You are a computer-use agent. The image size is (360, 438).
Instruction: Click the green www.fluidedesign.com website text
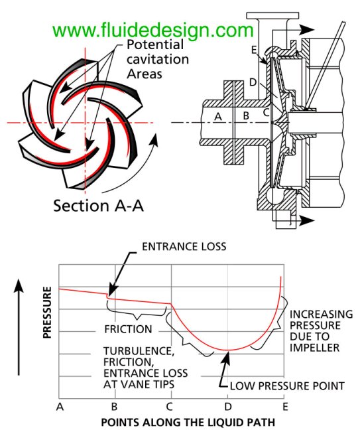pyautogui.click(x=153, y=31)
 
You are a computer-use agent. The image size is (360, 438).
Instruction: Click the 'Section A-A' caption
pyautogui.click(x=99, y=206)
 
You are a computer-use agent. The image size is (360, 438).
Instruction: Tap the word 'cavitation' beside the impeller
pyautogui.click(x=158, y=59)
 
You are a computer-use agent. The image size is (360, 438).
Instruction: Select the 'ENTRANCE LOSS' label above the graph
pyautogui.click(x=184, y=247)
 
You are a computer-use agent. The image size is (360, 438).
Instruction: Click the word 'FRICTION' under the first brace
pyautogui.click(x=128, y=329)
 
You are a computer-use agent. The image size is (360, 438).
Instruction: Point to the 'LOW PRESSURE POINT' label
pyautogui.click(x=287, y=386)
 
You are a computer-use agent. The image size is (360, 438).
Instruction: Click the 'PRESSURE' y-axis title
pyautogui.click(x=48, y=313)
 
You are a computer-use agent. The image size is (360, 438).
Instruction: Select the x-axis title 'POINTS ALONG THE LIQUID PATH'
pyautogui.click(x=188, y=422)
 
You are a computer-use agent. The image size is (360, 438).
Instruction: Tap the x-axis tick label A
pyautogui.click(x=60, y=407)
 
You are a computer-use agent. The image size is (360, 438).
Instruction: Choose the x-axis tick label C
pyautogui.click(x=170, y=407)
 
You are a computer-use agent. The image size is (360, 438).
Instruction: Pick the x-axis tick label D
pyautogui.click(x=228, y=407)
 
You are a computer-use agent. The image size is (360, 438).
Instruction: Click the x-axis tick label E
pyautogui.click(x=285, y=407)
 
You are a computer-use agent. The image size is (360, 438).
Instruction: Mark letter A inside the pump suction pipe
pyautogui.click(x=218, y=116)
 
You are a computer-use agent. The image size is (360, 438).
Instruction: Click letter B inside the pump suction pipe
pyautogui.click(x=246, y=115)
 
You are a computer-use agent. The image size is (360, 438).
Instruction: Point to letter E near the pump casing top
pyautogui.click(x=254, y=50)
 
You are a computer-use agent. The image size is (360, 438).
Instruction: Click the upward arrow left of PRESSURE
pyautogui.click(x=19, y=327)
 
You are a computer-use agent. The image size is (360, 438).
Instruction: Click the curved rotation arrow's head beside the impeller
pyautogui.click(x=154, y=140)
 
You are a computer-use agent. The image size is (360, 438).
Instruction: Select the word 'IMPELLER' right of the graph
pyautogui.click(x=314, y=348)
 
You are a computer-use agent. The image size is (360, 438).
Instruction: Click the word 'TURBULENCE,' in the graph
pyautogui.click(x=139, y=351)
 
